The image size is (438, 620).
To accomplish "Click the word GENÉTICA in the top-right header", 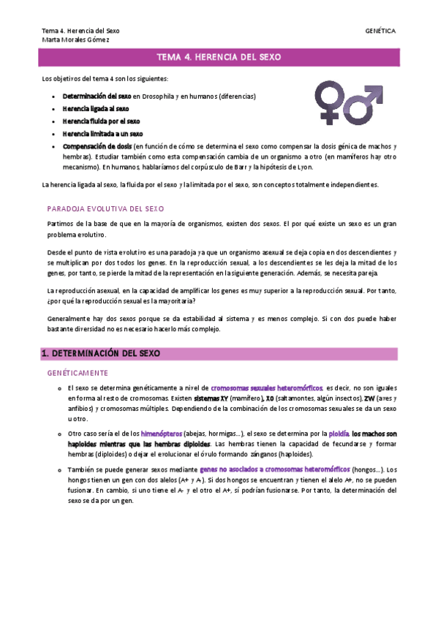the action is (x=380, y=31).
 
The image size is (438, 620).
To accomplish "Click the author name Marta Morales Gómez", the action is (x=76, y=39).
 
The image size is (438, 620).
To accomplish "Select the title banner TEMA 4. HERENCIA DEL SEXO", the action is (x=219, y=57).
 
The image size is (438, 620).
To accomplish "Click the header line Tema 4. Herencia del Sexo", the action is (x=80, y=31).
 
